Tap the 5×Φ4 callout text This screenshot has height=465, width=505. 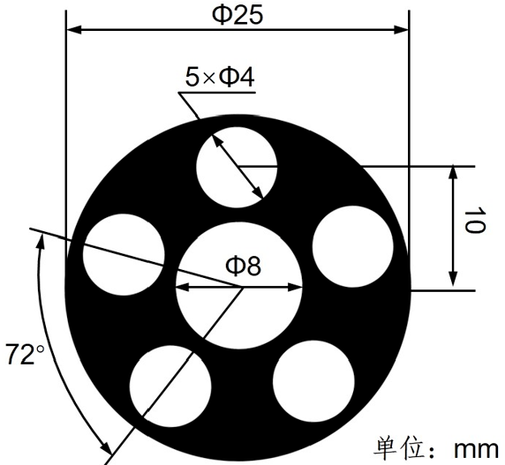tap(221, 78)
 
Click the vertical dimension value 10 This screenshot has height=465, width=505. tap(474, 226)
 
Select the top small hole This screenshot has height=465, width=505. tap(236, 165)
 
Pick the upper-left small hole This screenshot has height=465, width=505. tap(124, 248)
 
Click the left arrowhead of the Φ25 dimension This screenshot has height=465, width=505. tap(74, 29)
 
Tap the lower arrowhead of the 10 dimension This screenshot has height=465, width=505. tap(453, 281)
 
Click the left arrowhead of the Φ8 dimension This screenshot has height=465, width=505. tap(183, 286)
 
